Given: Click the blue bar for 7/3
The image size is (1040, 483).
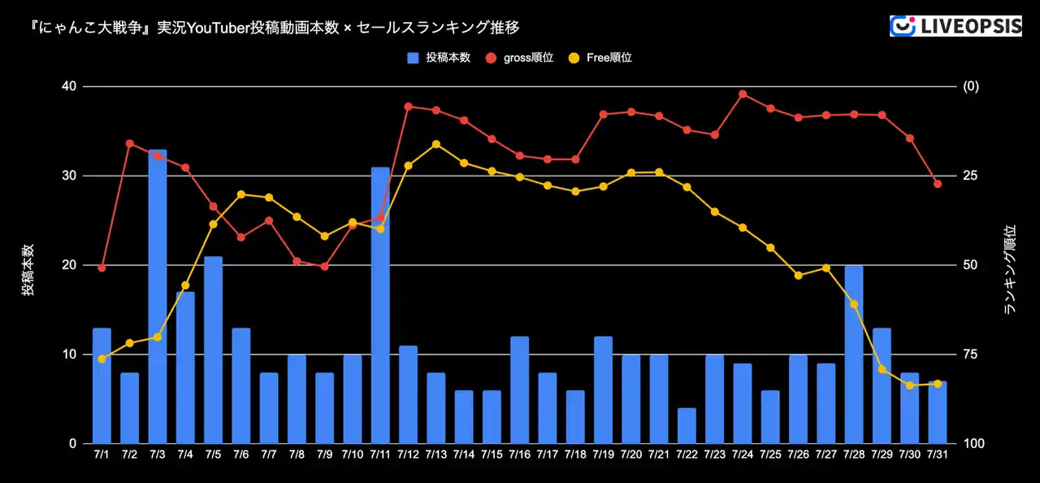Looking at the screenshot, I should [158, 297].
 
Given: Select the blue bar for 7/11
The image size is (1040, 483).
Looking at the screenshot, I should [380, 305].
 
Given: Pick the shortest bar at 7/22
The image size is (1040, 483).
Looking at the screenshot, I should [687, 425].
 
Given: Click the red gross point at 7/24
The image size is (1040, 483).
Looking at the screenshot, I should [743, 94].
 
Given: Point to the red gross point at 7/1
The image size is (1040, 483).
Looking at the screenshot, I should [102, 268].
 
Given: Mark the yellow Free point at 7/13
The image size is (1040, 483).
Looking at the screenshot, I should [436, 144].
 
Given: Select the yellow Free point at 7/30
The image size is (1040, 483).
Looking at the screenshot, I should [910, 385].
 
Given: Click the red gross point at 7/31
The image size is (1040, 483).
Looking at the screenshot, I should [938, 184].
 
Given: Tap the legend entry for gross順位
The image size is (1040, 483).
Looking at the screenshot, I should [521, 58].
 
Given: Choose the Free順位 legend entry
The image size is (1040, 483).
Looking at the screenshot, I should [601, 58].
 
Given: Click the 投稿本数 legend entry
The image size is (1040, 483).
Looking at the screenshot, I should [440, 58].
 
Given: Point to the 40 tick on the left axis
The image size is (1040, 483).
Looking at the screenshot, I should [69, 86].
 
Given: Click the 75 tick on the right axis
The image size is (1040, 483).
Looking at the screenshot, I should [970, 355].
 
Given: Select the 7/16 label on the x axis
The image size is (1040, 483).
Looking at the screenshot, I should [520, 454].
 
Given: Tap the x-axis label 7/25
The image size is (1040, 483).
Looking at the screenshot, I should [770, 454].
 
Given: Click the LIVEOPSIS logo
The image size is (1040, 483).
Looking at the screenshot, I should [955, 26].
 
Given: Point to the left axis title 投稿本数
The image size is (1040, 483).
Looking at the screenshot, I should [28, 269].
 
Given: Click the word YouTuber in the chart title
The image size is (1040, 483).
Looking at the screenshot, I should [220, 27].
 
